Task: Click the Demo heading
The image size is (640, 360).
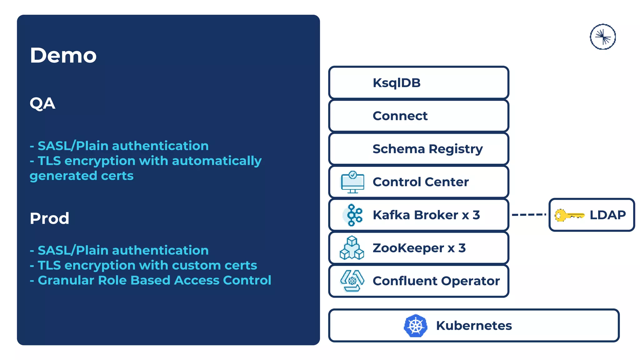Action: point(63,55)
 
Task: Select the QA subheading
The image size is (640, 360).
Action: point(42,103)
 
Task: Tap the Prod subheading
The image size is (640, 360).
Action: point(49,218)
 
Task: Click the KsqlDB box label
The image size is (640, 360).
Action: point(397,83)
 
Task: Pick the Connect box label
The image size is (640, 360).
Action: point(400,116)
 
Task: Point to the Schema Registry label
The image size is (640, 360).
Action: point(427,149)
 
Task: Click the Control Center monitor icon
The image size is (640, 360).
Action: point(352,182)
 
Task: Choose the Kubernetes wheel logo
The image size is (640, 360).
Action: point(415,326)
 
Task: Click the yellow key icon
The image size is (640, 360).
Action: point(569,215)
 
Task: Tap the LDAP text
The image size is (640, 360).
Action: point(607,215)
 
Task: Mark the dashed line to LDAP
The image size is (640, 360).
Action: point(529,215)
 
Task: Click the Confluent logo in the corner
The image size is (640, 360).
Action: point(603,37)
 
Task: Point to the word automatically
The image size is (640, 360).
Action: point(217,161)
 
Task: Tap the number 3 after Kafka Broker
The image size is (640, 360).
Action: point(476,215)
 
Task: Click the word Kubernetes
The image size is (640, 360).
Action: point(474,326)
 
